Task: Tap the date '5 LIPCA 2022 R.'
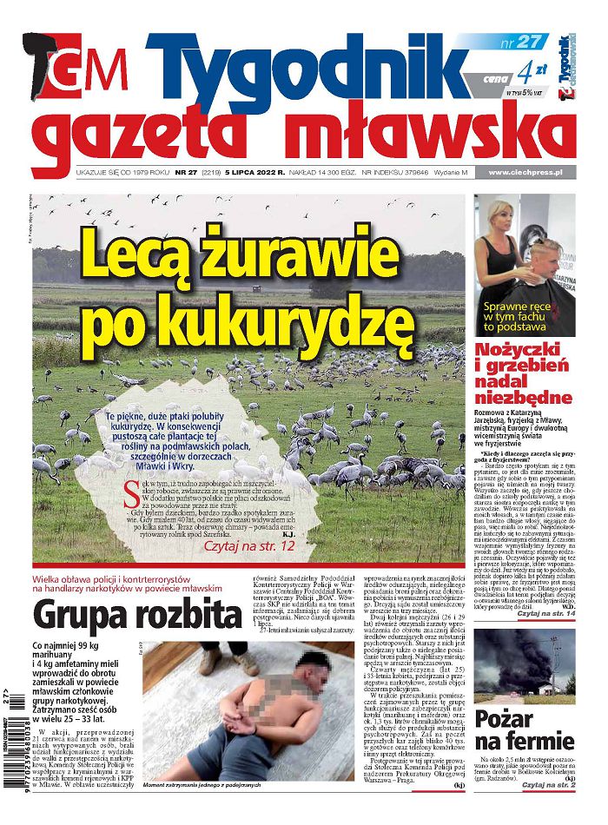254,173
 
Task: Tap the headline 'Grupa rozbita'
136,615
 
